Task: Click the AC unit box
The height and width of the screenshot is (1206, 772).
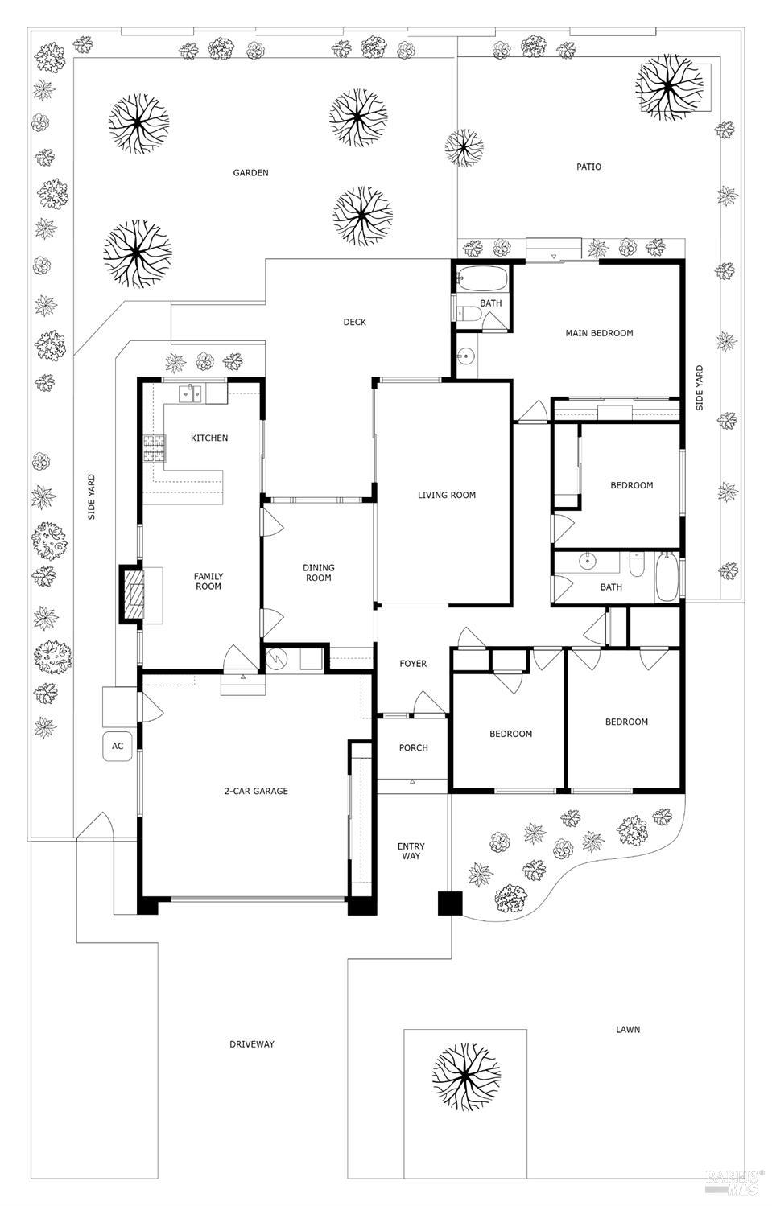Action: tap(118, 746)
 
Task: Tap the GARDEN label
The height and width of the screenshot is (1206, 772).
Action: tap(250, 173)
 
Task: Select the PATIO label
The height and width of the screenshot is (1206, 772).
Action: tap(588, 167)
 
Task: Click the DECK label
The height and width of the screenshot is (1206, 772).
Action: tap(354, 322)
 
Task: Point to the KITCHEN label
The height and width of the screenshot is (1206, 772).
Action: tap(209, 438)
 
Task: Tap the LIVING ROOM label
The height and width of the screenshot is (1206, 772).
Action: tap(446, 496)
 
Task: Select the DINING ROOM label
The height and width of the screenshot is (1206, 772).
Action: tap(318, 573)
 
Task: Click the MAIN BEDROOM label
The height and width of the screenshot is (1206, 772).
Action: tap(599, 333)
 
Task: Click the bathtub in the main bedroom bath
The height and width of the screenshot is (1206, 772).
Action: tap(482, 280)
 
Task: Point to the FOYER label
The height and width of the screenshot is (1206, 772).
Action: tap(413, 664)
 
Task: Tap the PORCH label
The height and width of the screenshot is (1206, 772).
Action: tap(413, 748)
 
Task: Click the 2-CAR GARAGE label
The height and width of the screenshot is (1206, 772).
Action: tap(255, 792)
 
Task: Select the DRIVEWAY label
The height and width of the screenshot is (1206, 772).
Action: tap(251, 1044)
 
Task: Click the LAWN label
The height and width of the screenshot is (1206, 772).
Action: tap(628, 1030)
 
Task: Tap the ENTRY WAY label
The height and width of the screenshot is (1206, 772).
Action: tap(411, 851)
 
